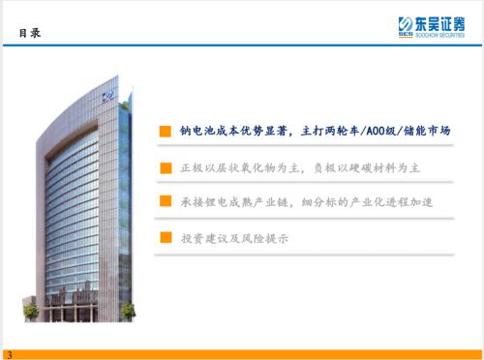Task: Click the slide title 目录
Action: pyautogui.click(x=28, y=33)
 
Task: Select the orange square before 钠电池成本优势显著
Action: pyautogui.click(x=166, y=131)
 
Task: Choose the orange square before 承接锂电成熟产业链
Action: pyautogui.click(x=166, y=201)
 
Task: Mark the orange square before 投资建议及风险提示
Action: pyautogui.click(x=166, y=237)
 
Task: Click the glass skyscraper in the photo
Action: pyautogui.click(x=82, y=203)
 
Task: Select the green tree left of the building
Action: pyautogui.click(x=32, y=312)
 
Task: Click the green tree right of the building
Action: pyautogui.click(x=128, y=311)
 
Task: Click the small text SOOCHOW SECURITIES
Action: pyautogui.click(x=439, y=35)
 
